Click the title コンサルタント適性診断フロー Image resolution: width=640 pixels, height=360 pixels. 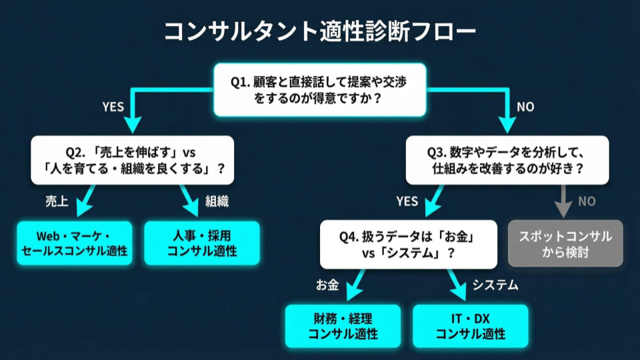[320, 30]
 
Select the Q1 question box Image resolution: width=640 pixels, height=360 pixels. [320, 90]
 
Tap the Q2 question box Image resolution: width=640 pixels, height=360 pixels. [132, 160]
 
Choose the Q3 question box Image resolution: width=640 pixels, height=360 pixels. [507, 160]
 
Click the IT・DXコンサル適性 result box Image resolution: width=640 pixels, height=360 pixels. [470, 326]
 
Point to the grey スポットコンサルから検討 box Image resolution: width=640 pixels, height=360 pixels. [565, 243]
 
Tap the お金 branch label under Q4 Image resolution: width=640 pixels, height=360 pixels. [327, 285]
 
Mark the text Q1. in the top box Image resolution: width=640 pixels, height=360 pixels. [240, 81]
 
